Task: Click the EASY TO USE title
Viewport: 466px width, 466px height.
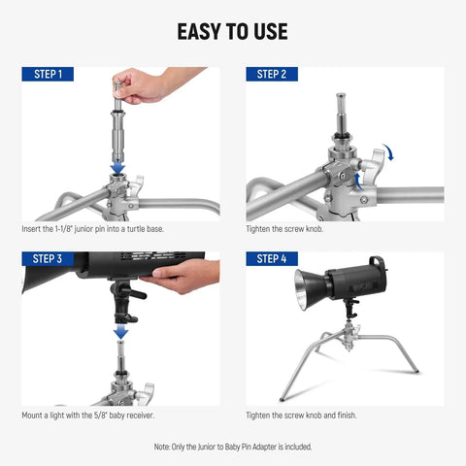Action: pyautogui.click(x=232, y=31)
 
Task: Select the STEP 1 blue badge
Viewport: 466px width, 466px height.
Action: pyautogui.click(x=48, y=74)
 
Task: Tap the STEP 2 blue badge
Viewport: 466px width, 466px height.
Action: pyautogui.click(x=271, y=74)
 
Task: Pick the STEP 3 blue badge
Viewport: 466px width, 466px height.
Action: pyautogui.click(x=48, y=259)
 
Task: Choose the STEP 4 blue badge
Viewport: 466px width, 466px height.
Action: pyautogui.click(x=271, y=259)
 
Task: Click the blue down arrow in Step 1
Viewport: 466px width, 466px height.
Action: pyautogui.click(x=117, y=167)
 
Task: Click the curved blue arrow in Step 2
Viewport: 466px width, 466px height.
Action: pyautogui.click(x=388, y=150)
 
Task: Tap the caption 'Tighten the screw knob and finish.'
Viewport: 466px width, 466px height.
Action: pyautogui.click(x=301, y=416)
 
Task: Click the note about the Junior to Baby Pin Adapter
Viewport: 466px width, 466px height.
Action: pyautogui.click(x=233, y=447)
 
